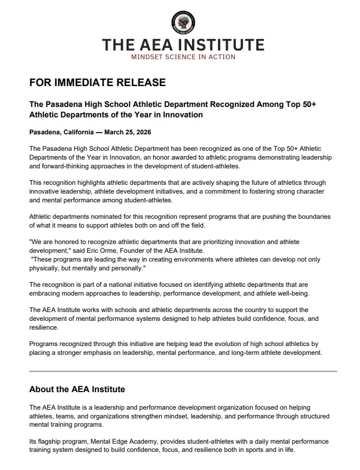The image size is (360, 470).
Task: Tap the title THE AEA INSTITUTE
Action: coord(183,45)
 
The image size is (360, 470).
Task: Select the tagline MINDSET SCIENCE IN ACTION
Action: coord(183,57)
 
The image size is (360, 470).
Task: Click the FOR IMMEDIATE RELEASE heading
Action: coord(97,83)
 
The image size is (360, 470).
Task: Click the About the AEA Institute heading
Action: coord(77,389)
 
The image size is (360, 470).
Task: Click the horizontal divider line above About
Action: coord(183,371)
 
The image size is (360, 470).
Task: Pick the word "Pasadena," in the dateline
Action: coord(45,132)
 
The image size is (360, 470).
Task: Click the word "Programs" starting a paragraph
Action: coord(44,344)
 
